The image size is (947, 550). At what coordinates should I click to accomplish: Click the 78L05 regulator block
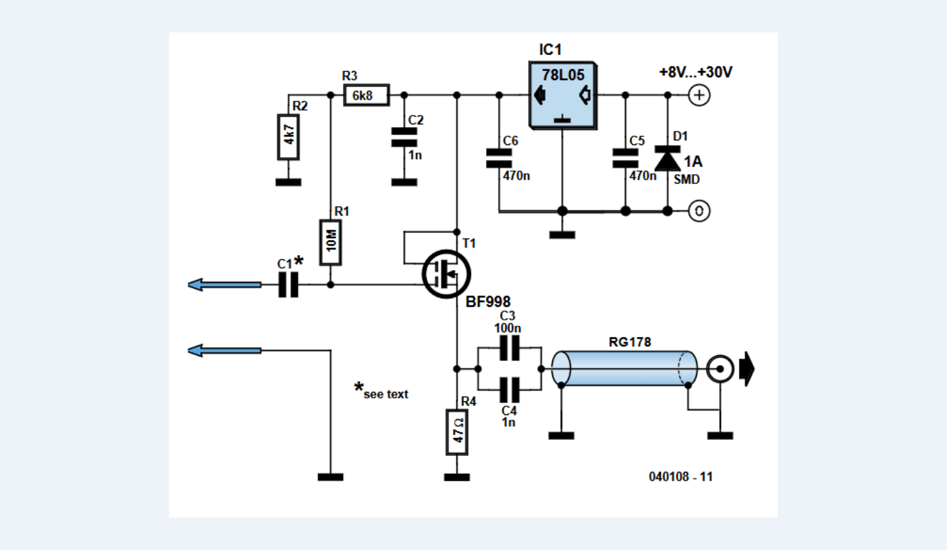tap(562, 95)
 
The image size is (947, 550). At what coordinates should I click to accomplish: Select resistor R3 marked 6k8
tap(366, 95)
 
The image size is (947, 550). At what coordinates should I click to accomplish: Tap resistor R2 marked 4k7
tap(288, 137)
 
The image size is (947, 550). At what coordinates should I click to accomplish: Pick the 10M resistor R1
tap(330, 242)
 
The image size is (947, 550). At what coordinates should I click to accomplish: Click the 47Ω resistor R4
tap(457, 432)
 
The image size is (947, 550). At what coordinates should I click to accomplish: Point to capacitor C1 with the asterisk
tap(288, 285)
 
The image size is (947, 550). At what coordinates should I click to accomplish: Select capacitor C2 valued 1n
tap(404, 137)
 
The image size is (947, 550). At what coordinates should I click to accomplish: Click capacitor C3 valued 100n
tap(509, 348)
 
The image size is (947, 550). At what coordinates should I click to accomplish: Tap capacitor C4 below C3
tap(509, 390)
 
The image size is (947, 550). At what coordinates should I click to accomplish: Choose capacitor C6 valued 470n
tap(499, 158)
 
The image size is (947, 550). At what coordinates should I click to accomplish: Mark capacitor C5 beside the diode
tap(626, 158)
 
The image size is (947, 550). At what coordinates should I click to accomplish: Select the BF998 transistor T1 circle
tap(446, 274)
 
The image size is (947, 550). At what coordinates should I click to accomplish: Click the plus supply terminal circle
tap(699, 95)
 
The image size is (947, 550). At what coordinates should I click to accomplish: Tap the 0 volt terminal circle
tap(699, 211)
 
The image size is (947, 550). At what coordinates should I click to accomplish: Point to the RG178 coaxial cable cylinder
tap(624, 368)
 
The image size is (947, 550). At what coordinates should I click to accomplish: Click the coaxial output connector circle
tap(720, 369)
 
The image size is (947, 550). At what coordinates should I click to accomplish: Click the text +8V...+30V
tap(695, 72)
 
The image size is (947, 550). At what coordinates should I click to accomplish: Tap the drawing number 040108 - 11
tap(681, 477)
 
